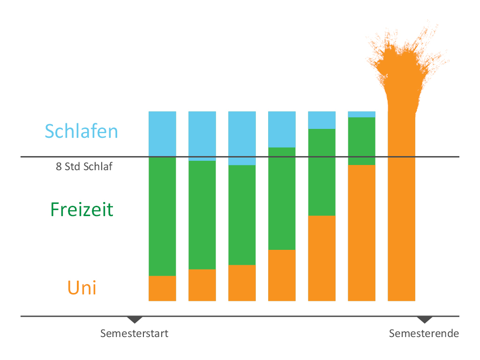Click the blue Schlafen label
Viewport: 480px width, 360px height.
tap(82, 131)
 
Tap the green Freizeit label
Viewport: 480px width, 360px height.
tap(82, 209)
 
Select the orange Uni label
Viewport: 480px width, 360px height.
tap(82, 287)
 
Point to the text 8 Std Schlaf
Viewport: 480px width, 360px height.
tap(84, 166)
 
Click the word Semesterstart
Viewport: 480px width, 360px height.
tap(134, 334)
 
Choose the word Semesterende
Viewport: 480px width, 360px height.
tap(424, 334)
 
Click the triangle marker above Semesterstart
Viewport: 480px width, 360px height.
tap(135, 320)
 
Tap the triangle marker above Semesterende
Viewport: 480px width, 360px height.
tap(425, 320)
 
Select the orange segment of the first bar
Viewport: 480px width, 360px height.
tap(162, 288)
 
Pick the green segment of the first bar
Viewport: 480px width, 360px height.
tap(162, 216)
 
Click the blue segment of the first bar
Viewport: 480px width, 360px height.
tap(162, 134)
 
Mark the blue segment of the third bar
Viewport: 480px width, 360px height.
tap(242, 138)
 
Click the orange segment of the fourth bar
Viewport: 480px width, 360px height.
tap(282, 275)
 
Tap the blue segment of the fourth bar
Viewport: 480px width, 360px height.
tap(282, 129)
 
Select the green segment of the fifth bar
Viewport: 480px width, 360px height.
tap(322, 172)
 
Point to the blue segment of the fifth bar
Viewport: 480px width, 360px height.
tap(322, 120)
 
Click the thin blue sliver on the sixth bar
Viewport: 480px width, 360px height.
tap(361, 114)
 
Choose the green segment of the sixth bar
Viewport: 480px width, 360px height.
tap(361, 141)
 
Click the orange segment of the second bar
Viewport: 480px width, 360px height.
tap(202, 285)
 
